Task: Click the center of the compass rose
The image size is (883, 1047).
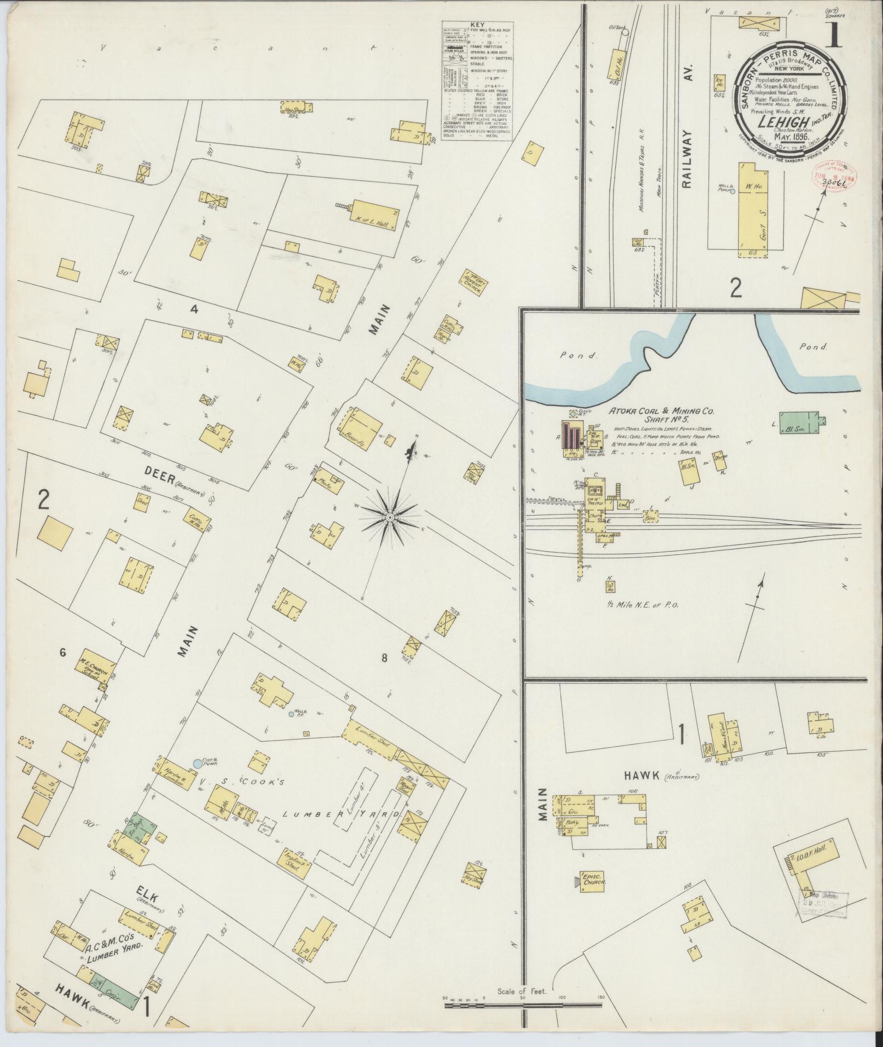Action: (x=389, y=517)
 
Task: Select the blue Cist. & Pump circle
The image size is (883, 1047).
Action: (x=198, y=762)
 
